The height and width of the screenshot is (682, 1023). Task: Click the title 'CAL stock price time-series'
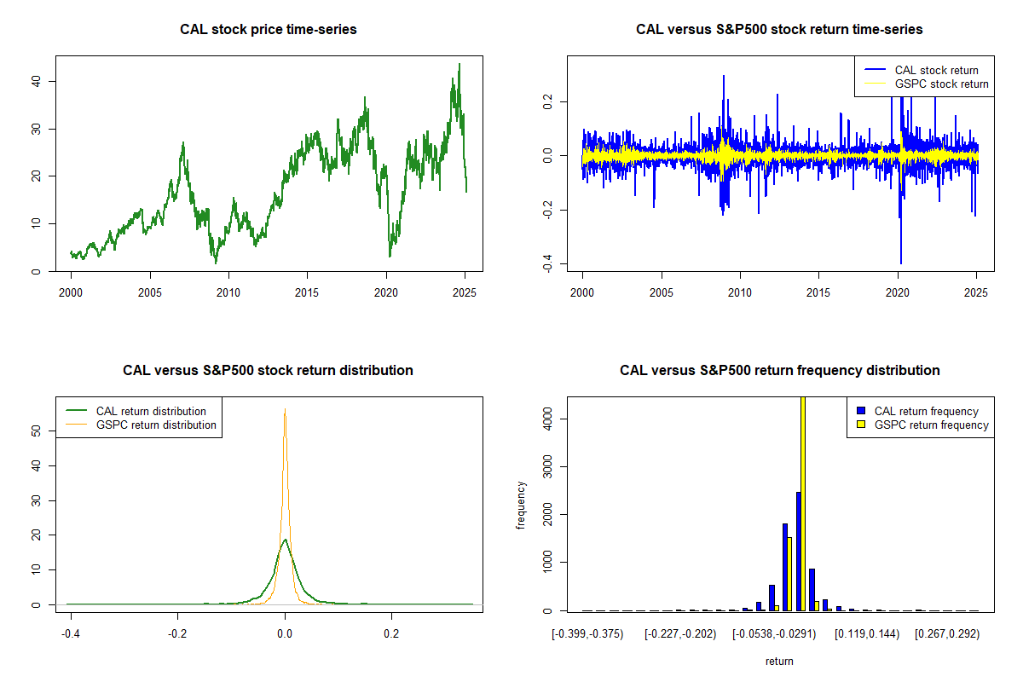tap(269, 30)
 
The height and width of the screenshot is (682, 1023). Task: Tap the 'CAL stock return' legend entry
tap(936, 70)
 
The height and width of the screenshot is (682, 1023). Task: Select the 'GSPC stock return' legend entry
tap(941, 84)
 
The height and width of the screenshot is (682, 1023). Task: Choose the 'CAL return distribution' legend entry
tap(151, 411)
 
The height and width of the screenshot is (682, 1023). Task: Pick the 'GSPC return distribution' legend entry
tap(156, 425)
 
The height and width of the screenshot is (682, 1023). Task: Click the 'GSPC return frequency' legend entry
tap(931, 425)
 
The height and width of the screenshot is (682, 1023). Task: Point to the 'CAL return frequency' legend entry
tap(926, 411)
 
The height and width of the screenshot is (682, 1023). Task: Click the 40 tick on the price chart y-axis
tap(37, 81)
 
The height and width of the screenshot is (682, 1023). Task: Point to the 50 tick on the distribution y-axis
tap(37, 431)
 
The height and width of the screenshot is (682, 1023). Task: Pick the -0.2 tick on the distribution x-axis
tap(177, 633)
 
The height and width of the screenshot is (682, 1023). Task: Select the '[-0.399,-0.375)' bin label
tap(588, 634)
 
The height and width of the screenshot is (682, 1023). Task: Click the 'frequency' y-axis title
tap(522, 505)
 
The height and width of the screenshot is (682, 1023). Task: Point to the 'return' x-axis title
tap(779, 661)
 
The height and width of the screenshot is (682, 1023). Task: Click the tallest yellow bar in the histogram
tap(803, 503)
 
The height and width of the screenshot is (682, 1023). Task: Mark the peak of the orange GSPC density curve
tap(285, 410)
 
